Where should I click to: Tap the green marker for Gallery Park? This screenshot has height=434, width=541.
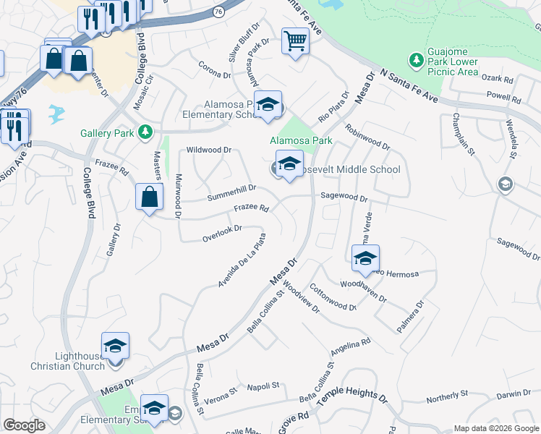pos(146,131)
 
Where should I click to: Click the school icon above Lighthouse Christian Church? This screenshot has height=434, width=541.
pos(115,346)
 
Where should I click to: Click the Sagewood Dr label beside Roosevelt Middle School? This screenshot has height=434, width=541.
pos(344,197)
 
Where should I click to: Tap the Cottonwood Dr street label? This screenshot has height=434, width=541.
pos(333,297)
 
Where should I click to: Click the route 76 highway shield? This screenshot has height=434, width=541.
pos(218,12)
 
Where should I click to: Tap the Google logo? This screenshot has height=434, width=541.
pos(25,425)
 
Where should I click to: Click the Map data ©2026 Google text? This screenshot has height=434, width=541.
pos(495,428)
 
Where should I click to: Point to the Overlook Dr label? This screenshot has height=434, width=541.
pos(221,233)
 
